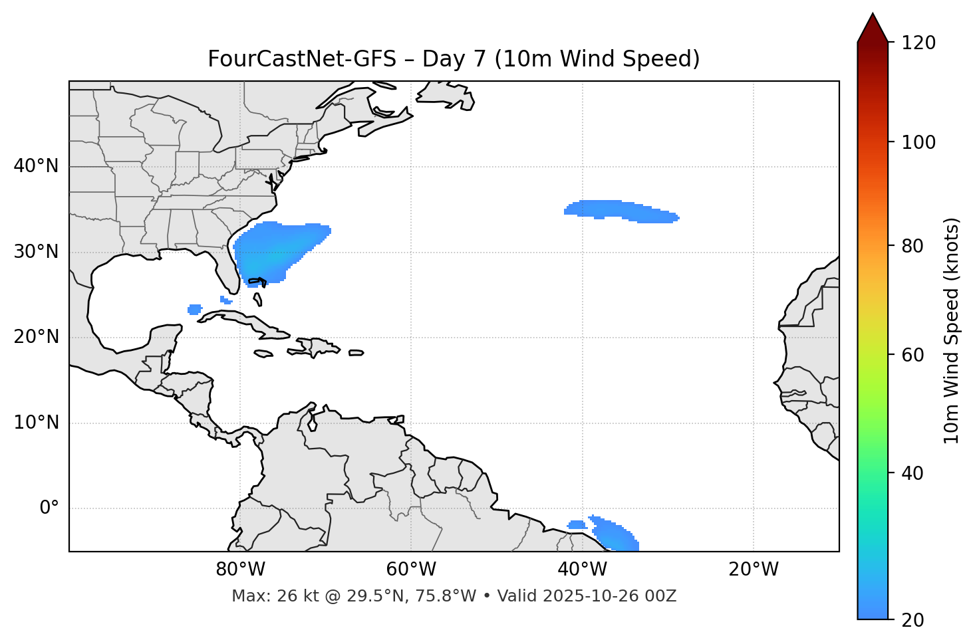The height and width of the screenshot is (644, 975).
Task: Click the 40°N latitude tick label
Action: [x=36, y=166]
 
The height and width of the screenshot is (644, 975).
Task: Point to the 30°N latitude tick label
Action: [x=36, y=252]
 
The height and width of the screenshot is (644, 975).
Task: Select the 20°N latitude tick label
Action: [x=36, y=337]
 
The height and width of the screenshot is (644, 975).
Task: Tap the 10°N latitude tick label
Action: [x=36, y=423]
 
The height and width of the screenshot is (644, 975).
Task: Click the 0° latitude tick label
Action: [x=49, y=508]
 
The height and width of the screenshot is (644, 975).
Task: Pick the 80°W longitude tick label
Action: [x=240, y=570]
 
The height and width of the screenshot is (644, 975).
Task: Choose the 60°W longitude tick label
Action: [x=411, y=570]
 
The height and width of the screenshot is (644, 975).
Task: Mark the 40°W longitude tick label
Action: [x=583, y=570]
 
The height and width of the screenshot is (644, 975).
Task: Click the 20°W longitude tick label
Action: [x=754, y=570]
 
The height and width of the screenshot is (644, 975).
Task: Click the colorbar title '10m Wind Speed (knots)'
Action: [x=951, y=331]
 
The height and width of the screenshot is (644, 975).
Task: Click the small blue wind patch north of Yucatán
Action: [x=195, y=309]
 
